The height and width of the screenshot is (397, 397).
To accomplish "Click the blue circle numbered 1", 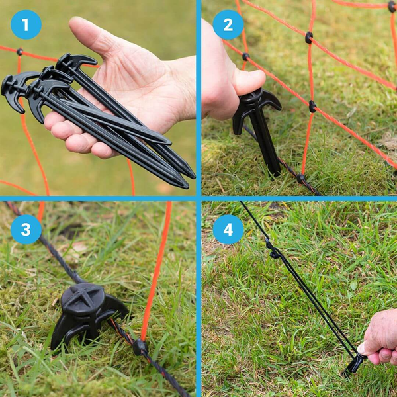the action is [26, 24].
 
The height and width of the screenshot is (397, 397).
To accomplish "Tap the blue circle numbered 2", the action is [228, 24].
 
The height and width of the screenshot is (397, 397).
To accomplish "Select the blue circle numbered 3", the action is [26, 230].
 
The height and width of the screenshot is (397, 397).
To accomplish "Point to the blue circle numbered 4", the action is [228, 230].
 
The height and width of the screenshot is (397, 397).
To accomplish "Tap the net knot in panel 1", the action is [19, 52].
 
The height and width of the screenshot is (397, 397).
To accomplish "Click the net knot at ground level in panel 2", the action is [301, 178].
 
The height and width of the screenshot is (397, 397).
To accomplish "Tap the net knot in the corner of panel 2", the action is [392, 7].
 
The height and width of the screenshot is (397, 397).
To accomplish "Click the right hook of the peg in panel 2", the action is [274, 101].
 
